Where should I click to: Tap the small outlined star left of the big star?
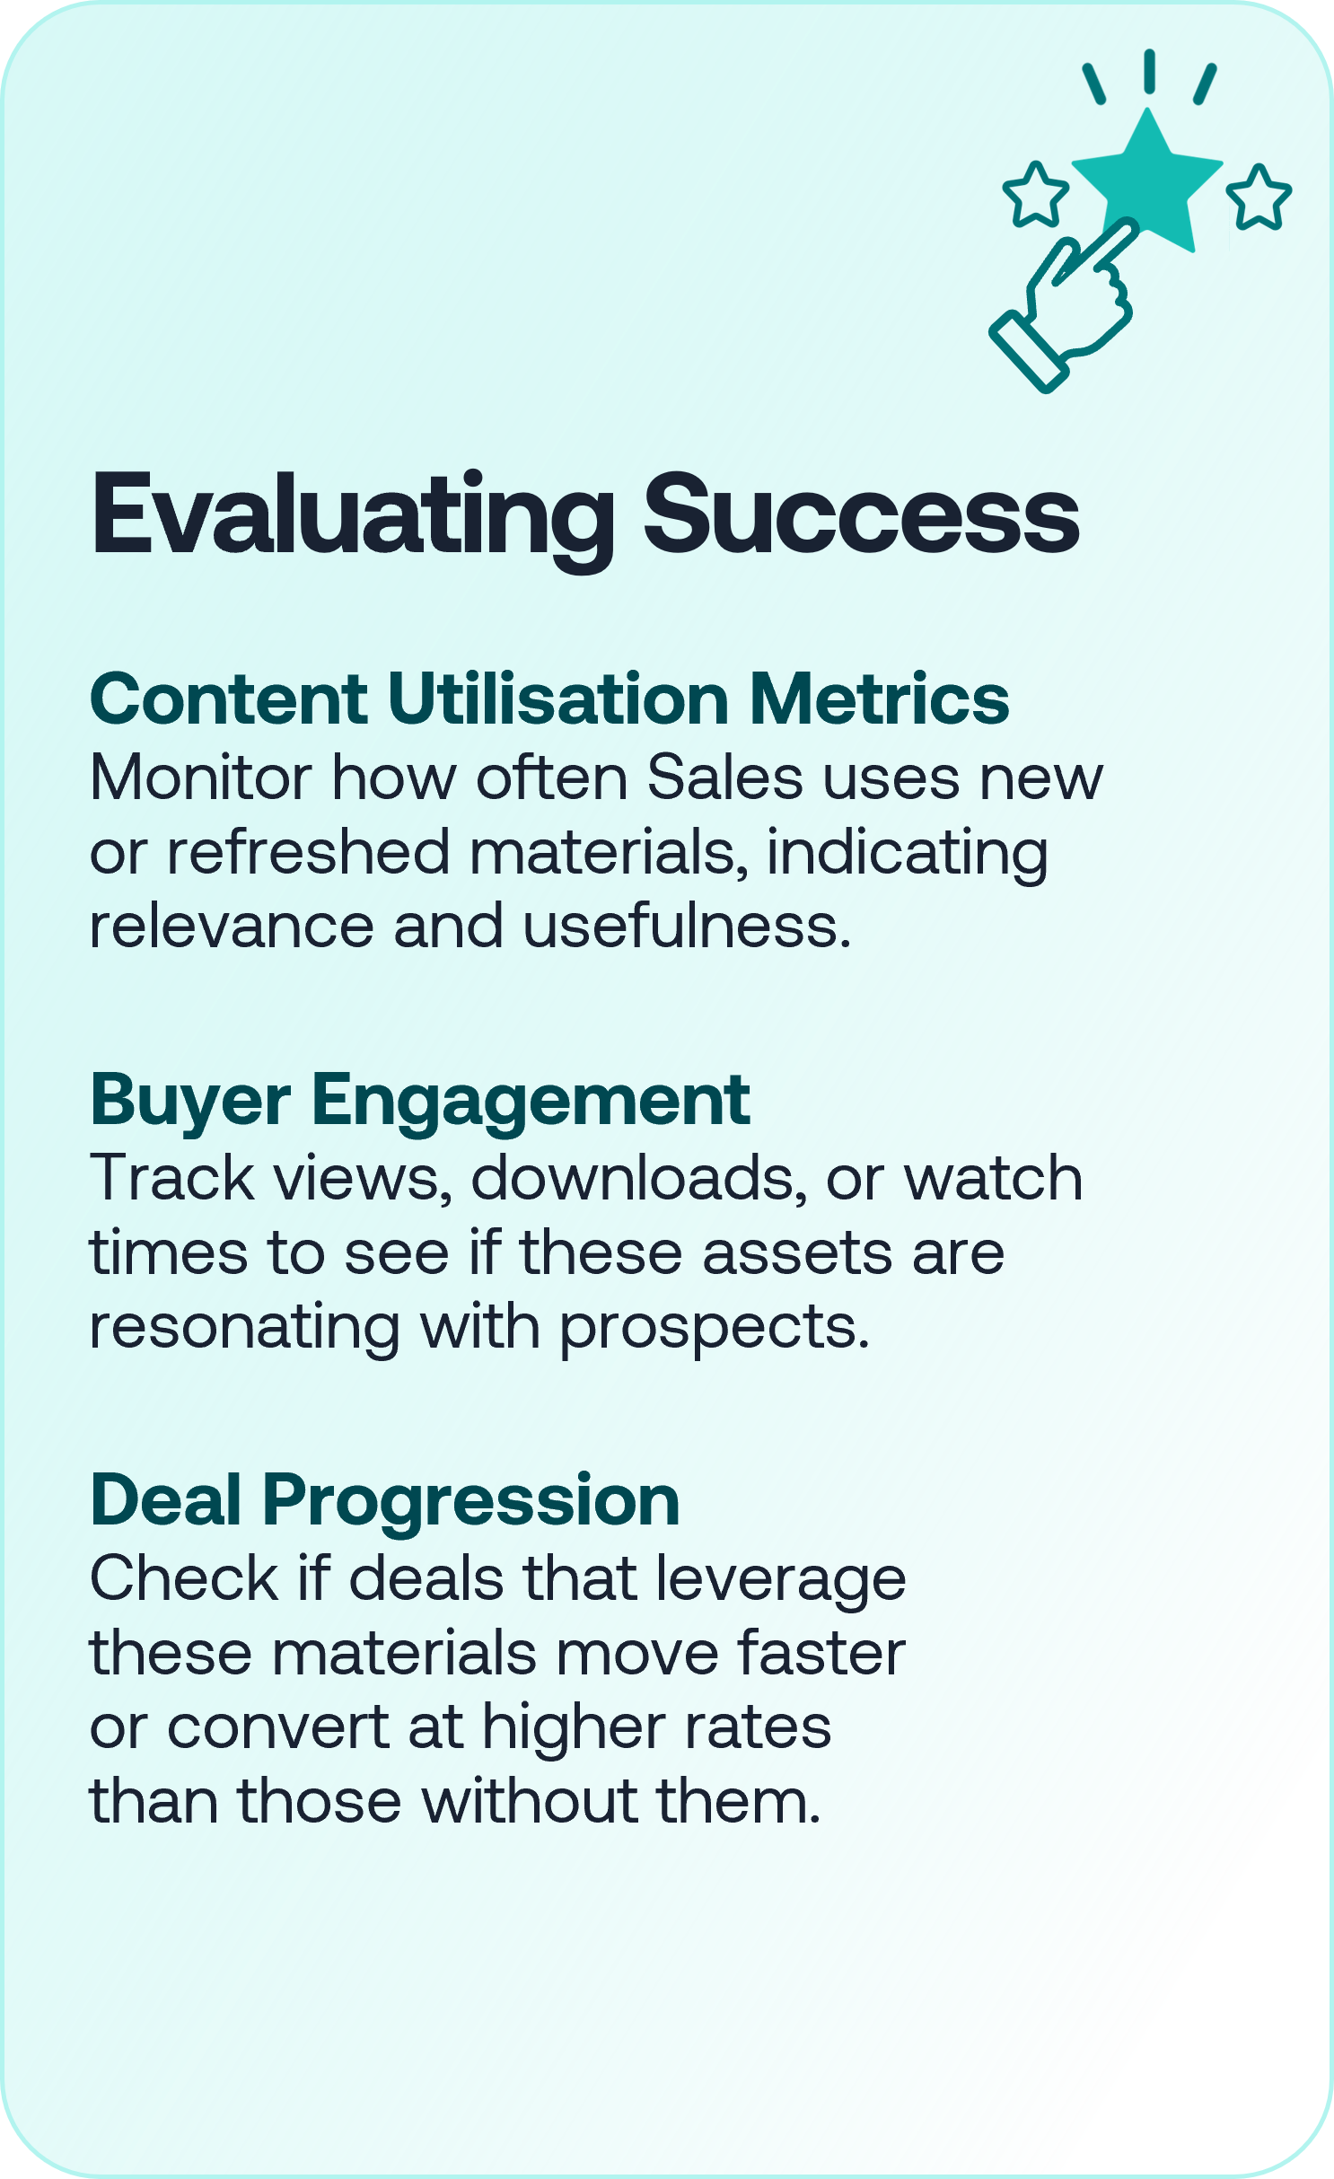pos(1036,195)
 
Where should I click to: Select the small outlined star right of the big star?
pos(1259,198)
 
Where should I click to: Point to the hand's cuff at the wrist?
pos(1029,351)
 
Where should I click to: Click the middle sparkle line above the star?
pos(1149,71)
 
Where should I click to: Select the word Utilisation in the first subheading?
pos(558,699)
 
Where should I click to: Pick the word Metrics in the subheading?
pos(880,699)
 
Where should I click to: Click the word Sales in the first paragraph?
pos(725,778)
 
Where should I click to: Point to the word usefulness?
pos(687,926)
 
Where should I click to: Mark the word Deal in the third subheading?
pos(167,1501)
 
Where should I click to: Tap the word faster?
pos(821,1653)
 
